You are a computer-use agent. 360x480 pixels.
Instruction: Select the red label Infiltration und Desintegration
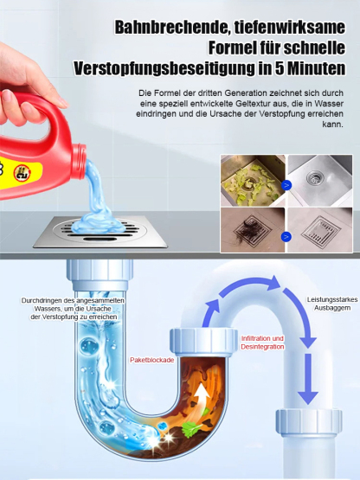pos(261,342)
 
